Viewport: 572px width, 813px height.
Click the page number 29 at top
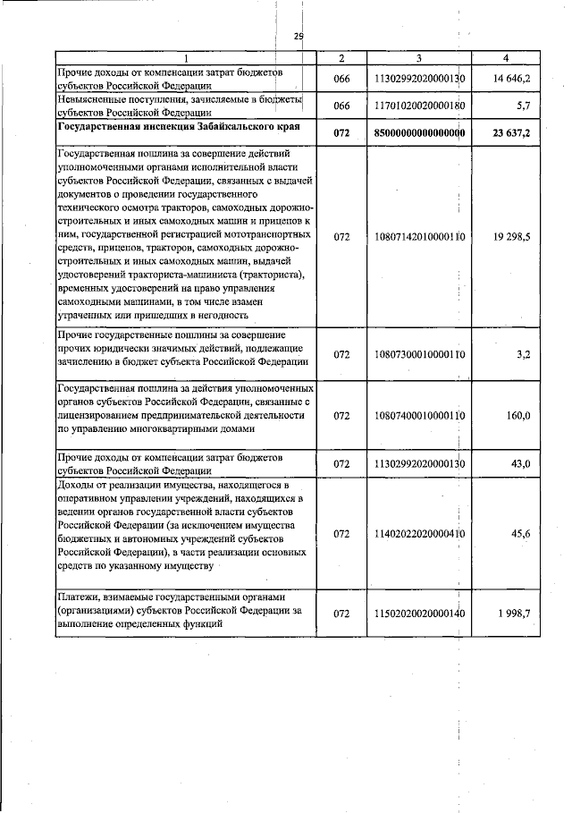[299, 36]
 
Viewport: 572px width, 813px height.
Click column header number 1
[186, 58]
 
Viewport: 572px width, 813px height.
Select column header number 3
[420, 58]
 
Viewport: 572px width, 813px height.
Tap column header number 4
[506, 58]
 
